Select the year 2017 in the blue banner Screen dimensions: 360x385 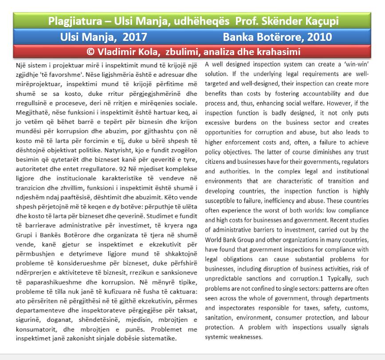(x=134, y=36)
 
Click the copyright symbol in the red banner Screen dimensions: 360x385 (x=91, y=51)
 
